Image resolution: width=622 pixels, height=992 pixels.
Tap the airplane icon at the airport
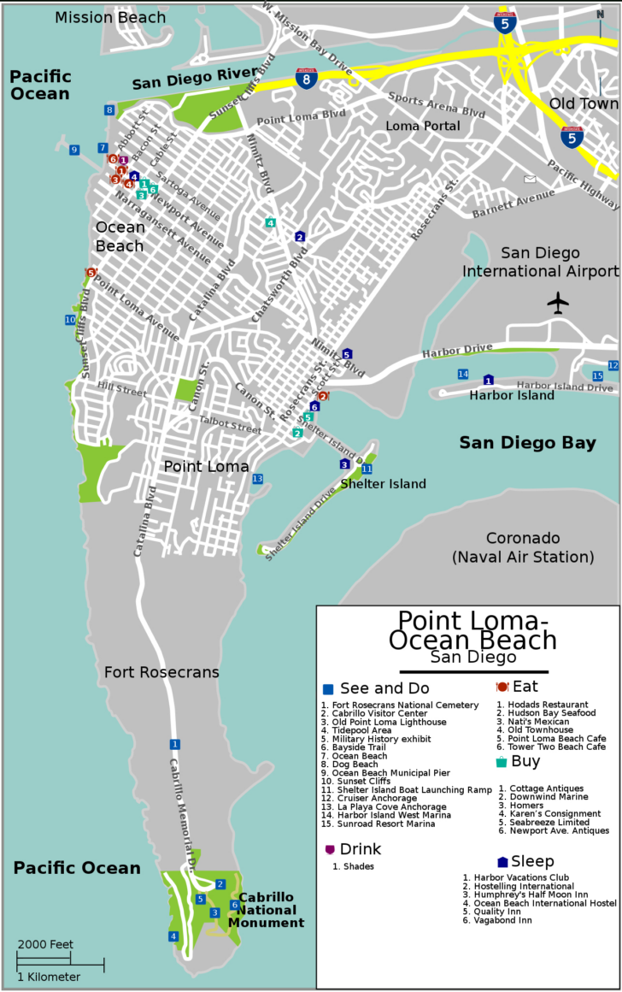click(559, 303)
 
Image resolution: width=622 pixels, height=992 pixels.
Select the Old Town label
click(583, 104)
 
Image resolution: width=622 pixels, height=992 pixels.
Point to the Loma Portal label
click(423, 126)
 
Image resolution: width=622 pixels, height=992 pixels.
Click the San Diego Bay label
click(527, 442)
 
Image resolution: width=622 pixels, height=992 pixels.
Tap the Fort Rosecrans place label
click(161, 672)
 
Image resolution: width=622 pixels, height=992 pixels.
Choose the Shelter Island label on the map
click(383, 484)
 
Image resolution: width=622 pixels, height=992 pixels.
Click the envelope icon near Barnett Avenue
click(531, 180)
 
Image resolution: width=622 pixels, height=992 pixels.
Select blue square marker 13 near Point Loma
click(257, 479)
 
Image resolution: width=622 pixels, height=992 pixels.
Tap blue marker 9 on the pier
click(74, 150)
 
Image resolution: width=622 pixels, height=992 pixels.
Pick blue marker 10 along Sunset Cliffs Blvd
click(70, 320)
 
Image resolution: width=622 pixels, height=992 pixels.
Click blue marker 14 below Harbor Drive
click(463, 375)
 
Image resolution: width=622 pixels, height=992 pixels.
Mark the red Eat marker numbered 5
click(90, 272)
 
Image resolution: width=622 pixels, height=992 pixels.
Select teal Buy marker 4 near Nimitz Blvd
click(270, 223)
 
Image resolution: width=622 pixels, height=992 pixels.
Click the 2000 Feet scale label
click(44, 944)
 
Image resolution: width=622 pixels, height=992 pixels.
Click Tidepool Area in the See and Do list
click(356, 730)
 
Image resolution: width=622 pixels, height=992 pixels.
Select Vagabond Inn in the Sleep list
click(498, 920)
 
